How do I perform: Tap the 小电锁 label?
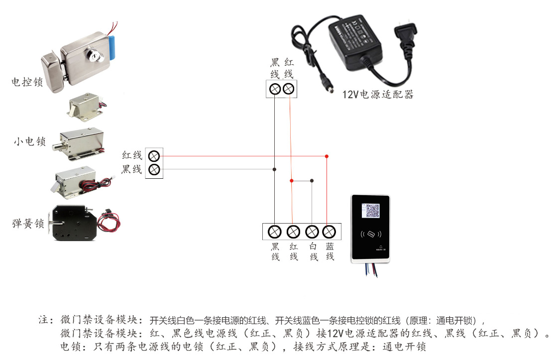[30, 142]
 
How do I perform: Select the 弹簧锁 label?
[28, 224]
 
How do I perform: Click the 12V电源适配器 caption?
[378, 95]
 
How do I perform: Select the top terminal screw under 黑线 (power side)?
[274, 89]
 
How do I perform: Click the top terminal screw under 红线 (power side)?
[289, 89]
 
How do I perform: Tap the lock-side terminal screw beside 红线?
[154, 155]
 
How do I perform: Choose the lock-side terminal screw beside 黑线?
[154, 169]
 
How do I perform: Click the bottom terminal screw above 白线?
[312, 232]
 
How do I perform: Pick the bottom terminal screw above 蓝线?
[328, 232]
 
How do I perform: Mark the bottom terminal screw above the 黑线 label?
[275, 232]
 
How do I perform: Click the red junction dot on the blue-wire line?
[327, 156]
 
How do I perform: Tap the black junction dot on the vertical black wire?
[274, 169]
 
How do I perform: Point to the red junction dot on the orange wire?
[292, 180]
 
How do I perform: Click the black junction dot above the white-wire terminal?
[312, 180]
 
